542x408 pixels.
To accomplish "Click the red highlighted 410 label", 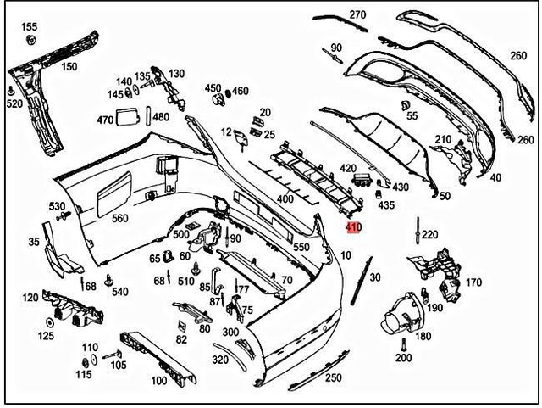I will [x=353, y=227].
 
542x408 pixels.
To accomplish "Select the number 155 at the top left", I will [x=30, y=27].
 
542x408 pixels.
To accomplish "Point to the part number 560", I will [x=120, y=218].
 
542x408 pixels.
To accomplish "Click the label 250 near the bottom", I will [x=333, y=377].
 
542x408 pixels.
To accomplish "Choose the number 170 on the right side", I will [x=473, y=282].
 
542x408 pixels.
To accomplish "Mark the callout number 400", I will [x=285, y=198].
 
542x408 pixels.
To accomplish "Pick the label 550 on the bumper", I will [x=301, y=247].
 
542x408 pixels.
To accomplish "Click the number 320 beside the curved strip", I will [x=220, y=360].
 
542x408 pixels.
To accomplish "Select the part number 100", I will [x=158, y=381].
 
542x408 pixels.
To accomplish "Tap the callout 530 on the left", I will [x=57, y=206].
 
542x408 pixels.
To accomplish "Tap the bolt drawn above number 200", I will [x=404, y=344].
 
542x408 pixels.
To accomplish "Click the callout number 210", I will [x=443, y=139].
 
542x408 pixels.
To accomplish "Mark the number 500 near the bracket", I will [x=181, y=234].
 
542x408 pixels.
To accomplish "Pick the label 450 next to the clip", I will [x=212, y=88].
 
